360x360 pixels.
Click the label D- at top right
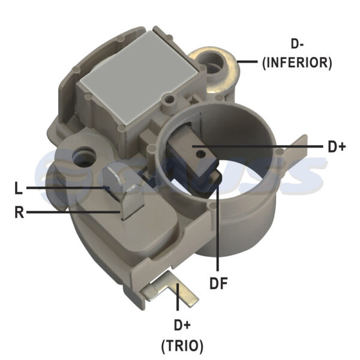pos(297,44)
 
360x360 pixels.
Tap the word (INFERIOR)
pos(297,62)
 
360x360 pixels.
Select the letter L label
pos(19,188)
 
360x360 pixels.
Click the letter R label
pos(19,212)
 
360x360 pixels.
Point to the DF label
pos(218,283)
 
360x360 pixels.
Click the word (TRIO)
pos(182,346)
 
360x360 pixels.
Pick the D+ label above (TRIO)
pos(182,325)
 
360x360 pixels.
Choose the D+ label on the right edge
pos(337,147)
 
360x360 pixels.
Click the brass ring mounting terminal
pos(214,69)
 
